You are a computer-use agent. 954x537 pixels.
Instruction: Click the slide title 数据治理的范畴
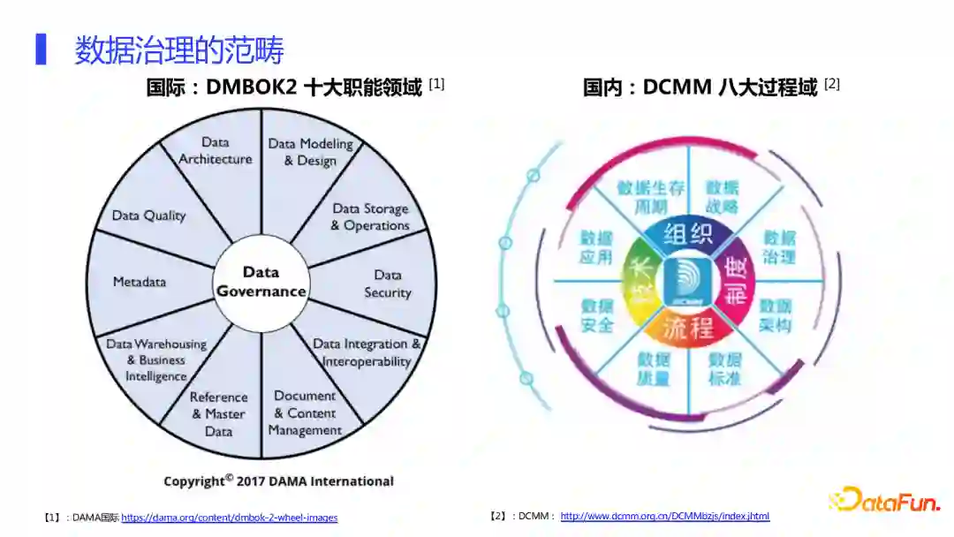[x=178, y=49]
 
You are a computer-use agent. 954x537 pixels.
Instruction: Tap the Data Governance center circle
[x=261, y=282]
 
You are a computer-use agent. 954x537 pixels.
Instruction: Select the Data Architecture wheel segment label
[x=216, y=151]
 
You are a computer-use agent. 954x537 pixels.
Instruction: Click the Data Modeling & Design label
[x=310, y=152]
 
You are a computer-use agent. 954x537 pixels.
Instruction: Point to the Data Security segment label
[x=388, y=284]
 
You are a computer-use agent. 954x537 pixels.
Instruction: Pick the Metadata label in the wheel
[x=140, y=282]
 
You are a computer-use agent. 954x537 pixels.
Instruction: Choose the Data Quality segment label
[x=148, y=216]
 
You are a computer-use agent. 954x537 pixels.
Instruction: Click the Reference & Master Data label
[x=218, y=414]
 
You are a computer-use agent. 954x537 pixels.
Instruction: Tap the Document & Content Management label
[x=305, y=413]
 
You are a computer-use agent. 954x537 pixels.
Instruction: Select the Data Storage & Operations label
[x=370, y=217]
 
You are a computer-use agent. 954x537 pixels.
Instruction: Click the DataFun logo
[x=884, y=500]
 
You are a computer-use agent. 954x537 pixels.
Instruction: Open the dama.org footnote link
[x=229, y=518]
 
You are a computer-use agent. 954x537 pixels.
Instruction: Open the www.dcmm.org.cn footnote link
[x=664, y=516]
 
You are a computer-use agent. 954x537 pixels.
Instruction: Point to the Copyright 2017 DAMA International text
[x=278, y=481]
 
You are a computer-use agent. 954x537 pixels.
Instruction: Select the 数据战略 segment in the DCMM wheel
[x=723, y=198]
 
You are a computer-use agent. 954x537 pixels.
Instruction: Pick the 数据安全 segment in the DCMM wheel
[x=597, y=315]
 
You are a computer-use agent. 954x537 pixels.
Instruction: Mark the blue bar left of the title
[x=41, y=49]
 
